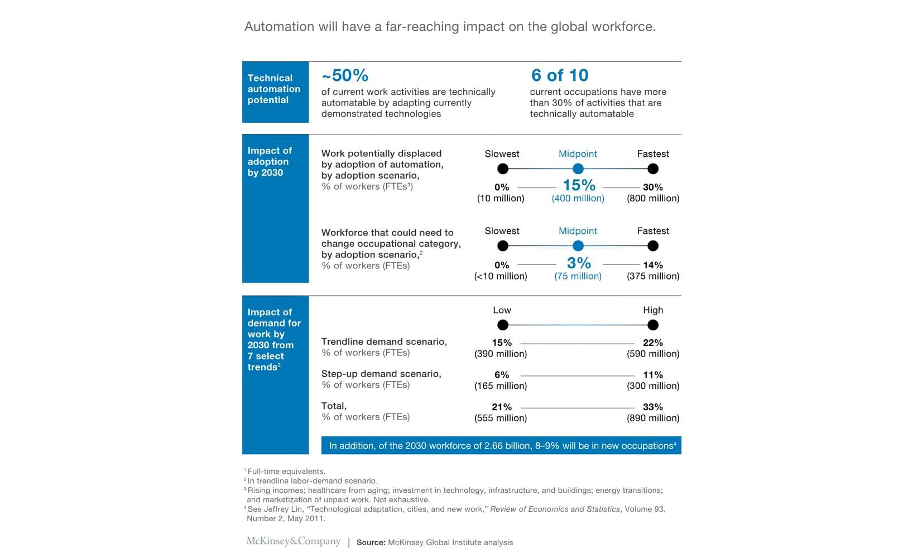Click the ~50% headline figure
pos(345,75)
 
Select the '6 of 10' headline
pos(560,75)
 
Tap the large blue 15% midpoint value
pos(579,185)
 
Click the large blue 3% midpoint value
pos(579,263)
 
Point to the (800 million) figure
pos(652,198)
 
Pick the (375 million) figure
pos(652,276)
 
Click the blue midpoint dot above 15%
pos(578,169)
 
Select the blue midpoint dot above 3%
pos(578,246)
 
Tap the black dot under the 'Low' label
pos(502,325)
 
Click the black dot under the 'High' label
pos(652,325)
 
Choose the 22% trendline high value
pos(652,343)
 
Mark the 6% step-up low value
pos(502,375)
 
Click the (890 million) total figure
pos(652,418)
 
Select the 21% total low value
pos(502,407)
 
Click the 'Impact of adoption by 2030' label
pos(269,162)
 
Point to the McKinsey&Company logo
pos(293,541)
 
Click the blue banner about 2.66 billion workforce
pos(501,445)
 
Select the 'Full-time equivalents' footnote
pos(286,472)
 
